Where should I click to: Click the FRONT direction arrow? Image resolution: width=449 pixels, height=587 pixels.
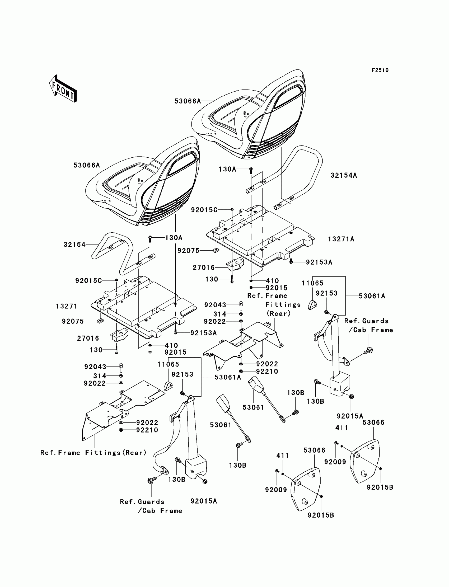pyautogui.click(x=63, y=89)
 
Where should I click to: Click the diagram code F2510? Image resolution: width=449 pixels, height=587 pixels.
pyautogui.click(x=380, y=70)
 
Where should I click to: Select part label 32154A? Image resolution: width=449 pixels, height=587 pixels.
pyautogui.click(x=344, y=175)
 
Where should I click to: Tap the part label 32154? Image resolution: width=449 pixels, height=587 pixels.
pyautogui.click(x=74, y=244)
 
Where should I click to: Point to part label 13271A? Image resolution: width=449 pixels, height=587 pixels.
pyautogui.click(x=341, y=239)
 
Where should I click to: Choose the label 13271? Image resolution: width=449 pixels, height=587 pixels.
pyautogui.click(x=67, y=306)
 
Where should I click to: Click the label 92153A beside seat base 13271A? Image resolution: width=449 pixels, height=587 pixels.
pyautogui.click(x=319, y=262)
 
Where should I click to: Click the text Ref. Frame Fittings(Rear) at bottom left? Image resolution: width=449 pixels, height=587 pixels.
pyautogui.click(x=93, y=453)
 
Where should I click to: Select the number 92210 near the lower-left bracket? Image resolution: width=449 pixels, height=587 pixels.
pyautogui.click(x=147, y=430)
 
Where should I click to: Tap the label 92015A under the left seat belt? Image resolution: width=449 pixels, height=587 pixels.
pyautogui.click(x=204, y=501)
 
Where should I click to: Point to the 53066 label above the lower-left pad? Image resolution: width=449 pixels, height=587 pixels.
pyautogui.click(x=314, y=450)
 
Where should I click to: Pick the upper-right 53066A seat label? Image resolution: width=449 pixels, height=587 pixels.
pyautogui.click(x=187, y=101)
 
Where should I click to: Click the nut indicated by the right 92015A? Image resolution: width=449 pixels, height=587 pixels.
pyautogui.click(x=352, y=397)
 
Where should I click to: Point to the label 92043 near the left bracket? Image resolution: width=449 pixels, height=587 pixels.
pyautogui.click(x=95, y=367)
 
